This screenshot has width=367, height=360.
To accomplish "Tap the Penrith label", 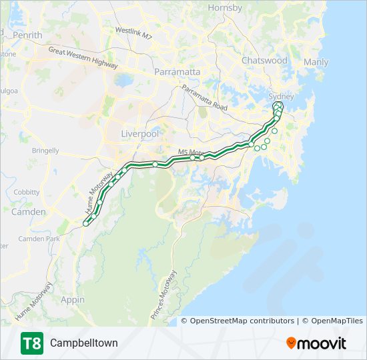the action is pyautogui.click(x=27, y=35).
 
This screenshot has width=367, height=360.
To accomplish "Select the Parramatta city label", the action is pyautogui.click(x=177, y=71).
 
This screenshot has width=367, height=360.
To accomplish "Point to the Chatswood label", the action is pyautogui.click(x=264, y=61).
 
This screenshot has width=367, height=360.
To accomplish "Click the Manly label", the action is pyautogui.click(x=316, y=63).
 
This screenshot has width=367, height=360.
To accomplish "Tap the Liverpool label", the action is pyautogui.click(x=140, y=134).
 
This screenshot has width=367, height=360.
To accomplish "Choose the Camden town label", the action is pyautogui.click(x=29, y=212).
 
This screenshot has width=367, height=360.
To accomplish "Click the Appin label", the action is pyautogui.click(x=72, y=300).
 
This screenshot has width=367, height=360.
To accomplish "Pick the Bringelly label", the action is pyautogui.click(x=45, y=151).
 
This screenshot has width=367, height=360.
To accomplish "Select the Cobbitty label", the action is pyautogui.click(x=27, y=192).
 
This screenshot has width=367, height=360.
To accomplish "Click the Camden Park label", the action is pyautogui.click(x=39, y=239).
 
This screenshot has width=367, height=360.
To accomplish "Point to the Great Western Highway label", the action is pyautogui.click(x=83, y=58).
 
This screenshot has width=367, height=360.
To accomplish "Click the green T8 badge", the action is pyautogui.click(x=31, y=343).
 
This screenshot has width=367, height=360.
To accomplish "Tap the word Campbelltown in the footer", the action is pyautogui.click(x=83, y=343).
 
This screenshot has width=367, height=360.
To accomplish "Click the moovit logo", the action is pyautogui.click(x=316, y=343).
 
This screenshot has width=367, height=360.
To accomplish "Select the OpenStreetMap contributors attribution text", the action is pyautogui.click(x=242, y=321).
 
